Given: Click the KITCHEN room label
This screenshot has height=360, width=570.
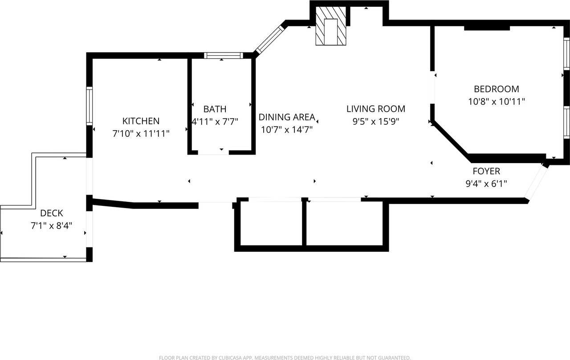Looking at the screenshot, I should (141, 121).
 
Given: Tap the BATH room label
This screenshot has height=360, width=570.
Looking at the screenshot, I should (215, 109).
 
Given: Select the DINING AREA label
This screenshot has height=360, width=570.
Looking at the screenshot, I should (286, 117).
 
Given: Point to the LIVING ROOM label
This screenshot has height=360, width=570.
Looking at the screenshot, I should (376, 109).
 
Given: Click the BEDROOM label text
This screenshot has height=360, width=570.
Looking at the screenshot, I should (496, 89).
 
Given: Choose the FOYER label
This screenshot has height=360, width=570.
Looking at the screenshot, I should (486, 171).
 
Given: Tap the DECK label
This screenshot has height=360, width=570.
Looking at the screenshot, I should (52, 213).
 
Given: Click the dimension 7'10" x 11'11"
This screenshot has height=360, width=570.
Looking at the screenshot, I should (141, 133).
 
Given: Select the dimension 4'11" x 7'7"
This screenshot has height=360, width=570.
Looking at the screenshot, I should (215, 121).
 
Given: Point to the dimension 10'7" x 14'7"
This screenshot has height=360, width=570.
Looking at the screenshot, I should (286, 130).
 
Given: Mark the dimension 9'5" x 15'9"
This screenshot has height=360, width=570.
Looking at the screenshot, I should (376, 121).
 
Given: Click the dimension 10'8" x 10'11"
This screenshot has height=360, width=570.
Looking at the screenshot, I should (496, 101).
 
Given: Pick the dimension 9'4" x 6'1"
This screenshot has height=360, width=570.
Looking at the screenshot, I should (486, 183).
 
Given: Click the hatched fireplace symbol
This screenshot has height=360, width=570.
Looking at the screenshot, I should (330, 26).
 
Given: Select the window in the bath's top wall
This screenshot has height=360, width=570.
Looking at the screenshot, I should (223, 56).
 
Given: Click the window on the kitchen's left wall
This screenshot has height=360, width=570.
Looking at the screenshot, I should (89, 106).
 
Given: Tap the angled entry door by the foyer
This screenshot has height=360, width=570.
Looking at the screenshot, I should (535, 182).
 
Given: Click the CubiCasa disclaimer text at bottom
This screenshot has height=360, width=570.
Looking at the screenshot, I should (285, 357).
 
